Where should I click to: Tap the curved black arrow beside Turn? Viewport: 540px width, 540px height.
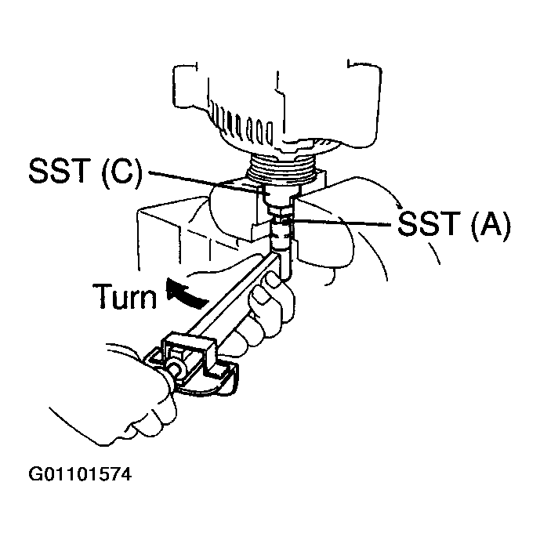(x=182, y=292)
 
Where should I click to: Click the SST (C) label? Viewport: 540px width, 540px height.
(x=85, y=172)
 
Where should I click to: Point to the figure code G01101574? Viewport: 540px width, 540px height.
(x=79, y=475)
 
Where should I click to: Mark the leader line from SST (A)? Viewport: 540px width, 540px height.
(x=345, y=225)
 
